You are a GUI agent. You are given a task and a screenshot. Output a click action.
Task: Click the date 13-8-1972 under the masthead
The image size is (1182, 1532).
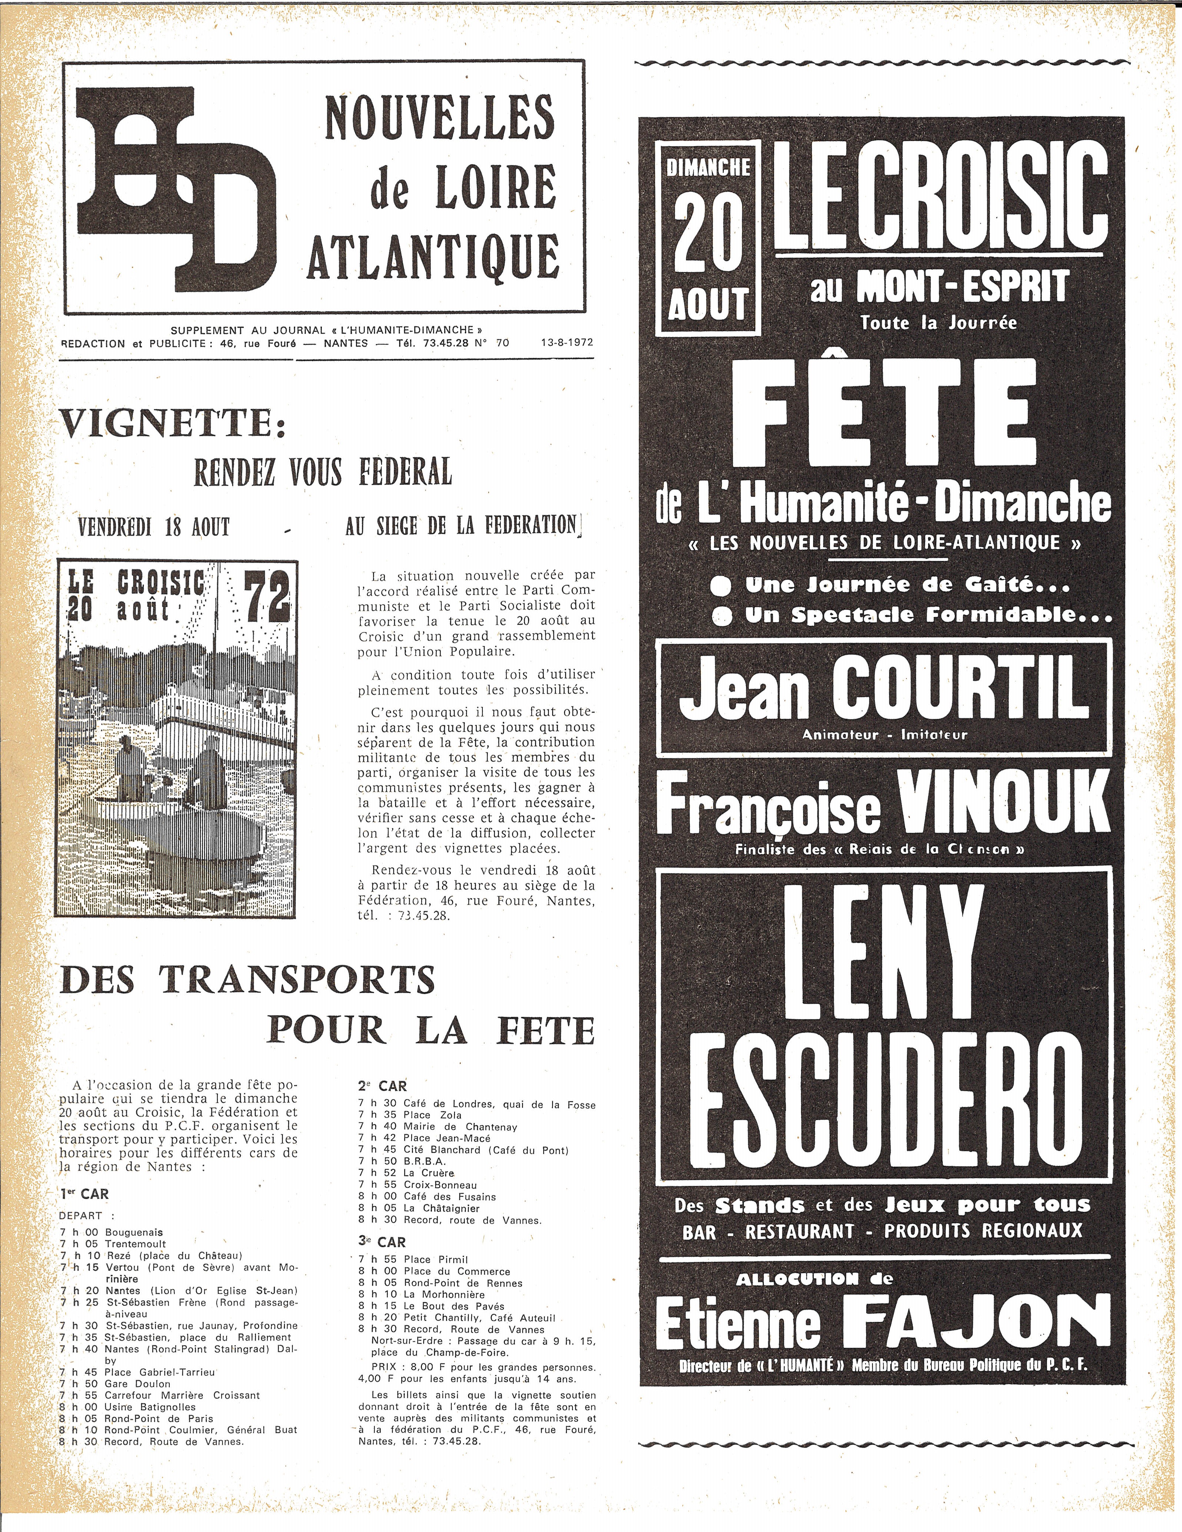point(567,343)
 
